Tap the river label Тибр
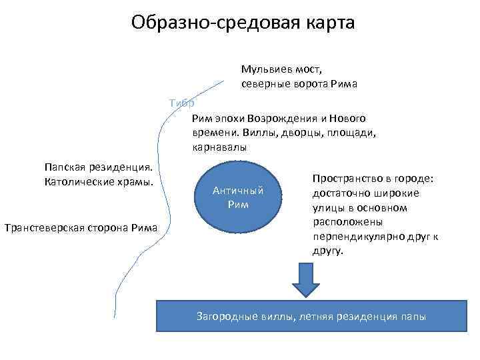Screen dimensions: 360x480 (x=182, y=103)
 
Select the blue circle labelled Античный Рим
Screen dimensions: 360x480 (x=238, y=197)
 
